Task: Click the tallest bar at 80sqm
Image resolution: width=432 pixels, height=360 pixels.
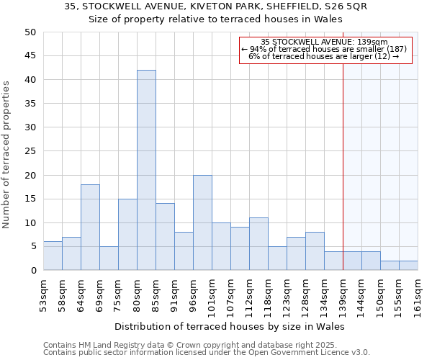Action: (x=146, y=170)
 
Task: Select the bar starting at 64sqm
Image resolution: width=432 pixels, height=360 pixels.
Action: (x=90, y=227)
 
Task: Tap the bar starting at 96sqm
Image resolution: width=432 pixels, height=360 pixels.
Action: (x=202, y=222)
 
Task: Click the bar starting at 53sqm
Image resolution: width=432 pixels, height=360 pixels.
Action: (x=53, y=256)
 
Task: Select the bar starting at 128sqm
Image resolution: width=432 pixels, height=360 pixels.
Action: (x=315, y=251)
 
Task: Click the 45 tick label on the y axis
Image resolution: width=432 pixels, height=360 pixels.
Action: (x=30, y=55)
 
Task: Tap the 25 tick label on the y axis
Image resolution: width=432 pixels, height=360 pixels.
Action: (x=30, y=151)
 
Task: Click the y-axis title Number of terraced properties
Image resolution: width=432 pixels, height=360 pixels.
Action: (x=6, y=155)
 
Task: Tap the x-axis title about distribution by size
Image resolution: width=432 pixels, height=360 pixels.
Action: (x=230, y=326)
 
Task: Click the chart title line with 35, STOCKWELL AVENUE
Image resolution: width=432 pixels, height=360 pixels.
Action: (x=215, y=6)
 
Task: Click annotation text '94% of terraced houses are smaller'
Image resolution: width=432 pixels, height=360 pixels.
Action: (x=324, y=49)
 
